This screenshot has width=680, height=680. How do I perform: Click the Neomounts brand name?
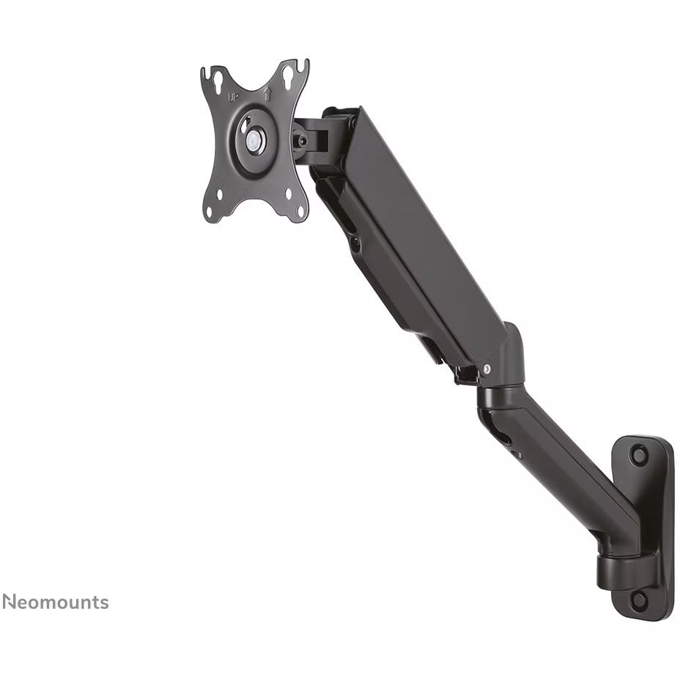(x=55, y=602)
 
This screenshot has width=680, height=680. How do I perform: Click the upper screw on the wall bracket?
(x=639, y=456)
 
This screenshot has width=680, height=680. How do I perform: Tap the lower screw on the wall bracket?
(x=638, y=599)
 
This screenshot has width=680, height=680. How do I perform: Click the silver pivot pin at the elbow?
(x=485, y=371)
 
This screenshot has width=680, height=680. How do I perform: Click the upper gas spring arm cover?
(x=410, y=234)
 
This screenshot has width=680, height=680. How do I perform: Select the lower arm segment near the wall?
(x=564, y=469)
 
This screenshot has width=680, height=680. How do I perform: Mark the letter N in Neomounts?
(x=9, y=602)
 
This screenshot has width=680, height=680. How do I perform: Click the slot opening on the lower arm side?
(x=504, y=440)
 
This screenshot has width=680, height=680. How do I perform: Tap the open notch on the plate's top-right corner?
(x=301, y=68)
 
